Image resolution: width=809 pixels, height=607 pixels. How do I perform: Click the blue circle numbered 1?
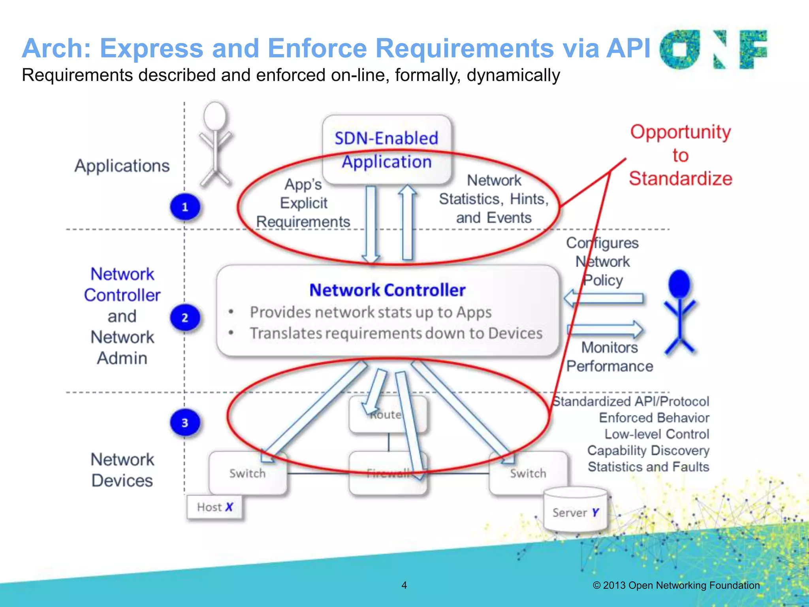(x=185, y=207)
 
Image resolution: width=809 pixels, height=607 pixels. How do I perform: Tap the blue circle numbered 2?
(x=185, y=317)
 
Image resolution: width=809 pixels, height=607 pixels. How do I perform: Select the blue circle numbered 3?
(x=185, y=422)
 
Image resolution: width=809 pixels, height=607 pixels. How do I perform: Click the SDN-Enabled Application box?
(x=386, y=149)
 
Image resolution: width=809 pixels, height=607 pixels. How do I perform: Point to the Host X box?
(x=214, y=507)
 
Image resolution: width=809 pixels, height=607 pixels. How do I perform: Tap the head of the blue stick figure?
(x=679, y=284)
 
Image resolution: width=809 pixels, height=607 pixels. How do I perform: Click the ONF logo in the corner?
(x=713, y=50)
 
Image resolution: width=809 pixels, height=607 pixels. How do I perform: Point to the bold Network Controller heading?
(x=387, y=290)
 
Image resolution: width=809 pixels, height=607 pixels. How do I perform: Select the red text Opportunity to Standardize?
(x=680, y=155)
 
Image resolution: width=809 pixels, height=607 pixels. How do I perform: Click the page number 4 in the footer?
(x=404, y=585)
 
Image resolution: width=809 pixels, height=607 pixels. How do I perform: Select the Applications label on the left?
(x=122, y=166)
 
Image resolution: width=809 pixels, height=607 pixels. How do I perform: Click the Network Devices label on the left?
(x=122, y=470)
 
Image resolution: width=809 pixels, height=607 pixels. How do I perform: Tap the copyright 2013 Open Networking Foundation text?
(x=676, y=585)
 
